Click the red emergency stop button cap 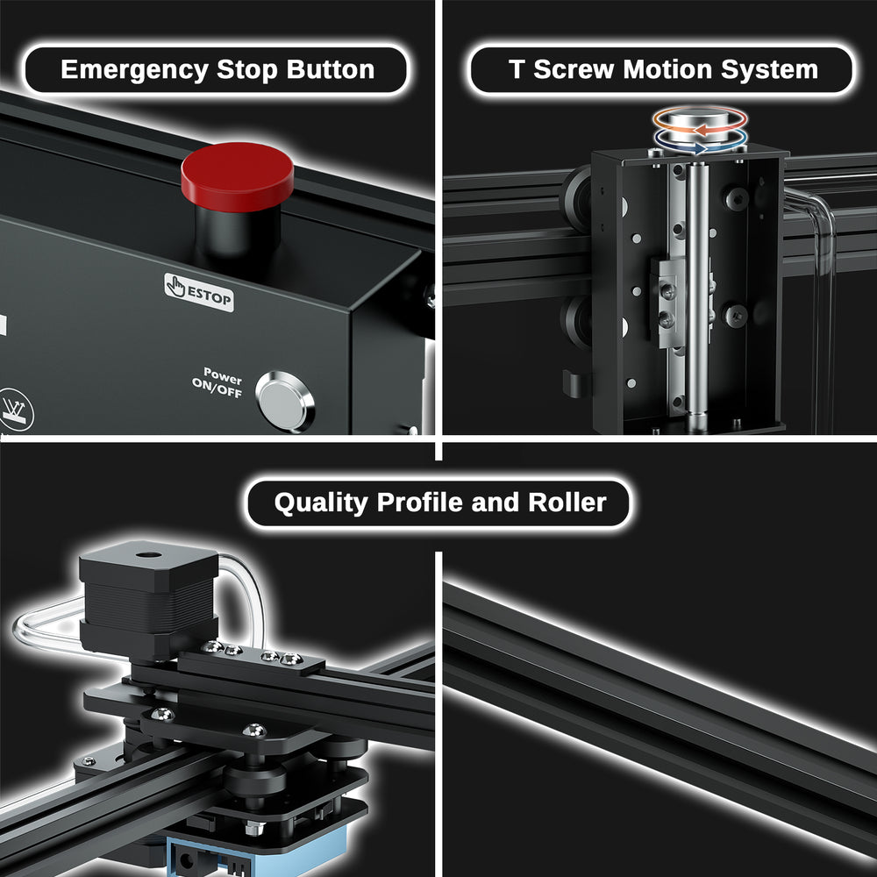[x=237, y=176]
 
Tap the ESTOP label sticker [x=199, y=292]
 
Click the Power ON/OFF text [x=217, y=382]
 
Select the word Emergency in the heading [x=134, y=70]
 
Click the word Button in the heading [x=330, y=69]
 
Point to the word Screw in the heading [x=574, y=69]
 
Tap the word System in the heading [x=769, y=70]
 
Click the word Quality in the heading [x=321, y=503]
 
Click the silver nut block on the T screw [x=667, y=302]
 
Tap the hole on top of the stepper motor [x=149, y=555]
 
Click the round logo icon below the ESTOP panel [x=15, y=410]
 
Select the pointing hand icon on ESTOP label [x=175, y=285]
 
